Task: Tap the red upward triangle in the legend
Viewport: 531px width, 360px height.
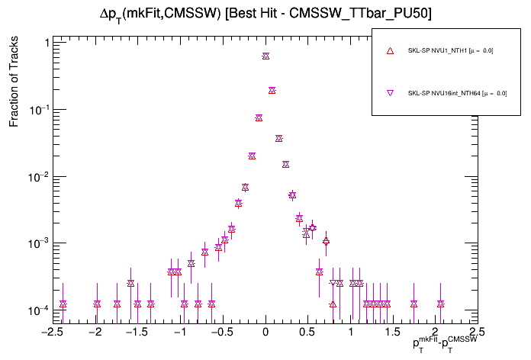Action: coord(390,51)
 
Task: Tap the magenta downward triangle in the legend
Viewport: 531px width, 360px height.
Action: coord(390,94)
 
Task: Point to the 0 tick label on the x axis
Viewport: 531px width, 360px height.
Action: coord(265,333)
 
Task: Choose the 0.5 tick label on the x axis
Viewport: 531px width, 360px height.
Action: coord(307,333)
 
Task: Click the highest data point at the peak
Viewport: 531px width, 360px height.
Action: coord(265,56)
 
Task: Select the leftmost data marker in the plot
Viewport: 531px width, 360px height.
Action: coord(63,304)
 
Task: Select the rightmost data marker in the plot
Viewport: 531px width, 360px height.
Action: coord(441,304)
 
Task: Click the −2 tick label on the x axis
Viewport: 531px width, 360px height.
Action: coord(95,333)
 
